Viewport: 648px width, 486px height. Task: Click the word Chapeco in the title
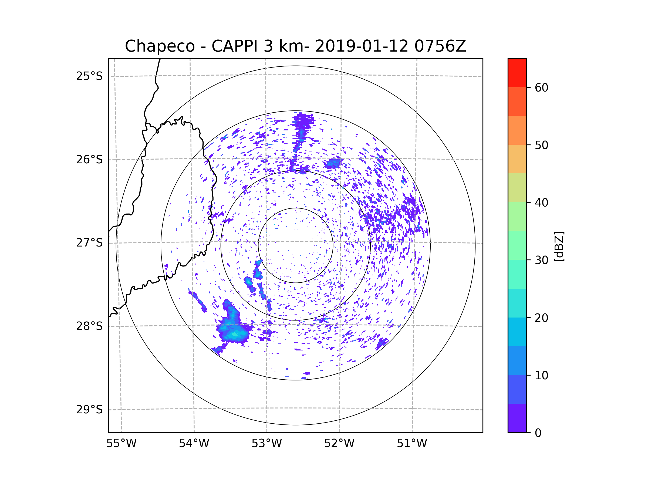160,46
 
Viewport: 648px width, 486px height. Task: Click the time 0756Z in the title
440,46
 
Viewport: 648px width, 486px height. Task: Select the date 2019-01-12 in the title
361,46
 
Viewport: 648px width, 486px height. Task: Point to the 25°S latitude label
89,76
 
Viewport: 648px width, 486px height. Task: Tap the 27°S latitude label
89,242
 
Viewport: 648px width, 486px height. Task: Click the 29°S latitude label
89,410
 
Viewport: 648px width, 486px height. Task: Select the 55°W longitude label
121,444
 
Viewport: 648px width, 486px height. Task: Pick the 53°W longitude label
266,444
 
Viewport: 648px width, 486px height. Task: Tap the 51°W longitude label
412,444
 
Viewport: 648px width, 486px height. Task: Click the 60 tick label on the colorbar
541,87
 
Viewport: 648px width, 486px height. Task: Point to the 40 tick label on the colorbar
541,202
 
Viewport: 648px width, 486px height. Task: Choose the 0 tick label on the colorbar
538,433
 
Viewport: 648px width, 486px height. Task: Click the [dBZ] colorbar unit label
559,246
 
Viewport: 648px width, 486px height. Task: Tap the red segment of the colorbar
517,73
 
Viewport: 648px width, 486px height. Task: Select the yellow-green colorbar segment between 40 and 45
517,188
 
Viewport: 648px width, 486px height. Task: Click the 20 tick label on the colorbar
541,318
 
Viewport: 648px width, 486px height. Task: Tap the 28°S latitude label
89,326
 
